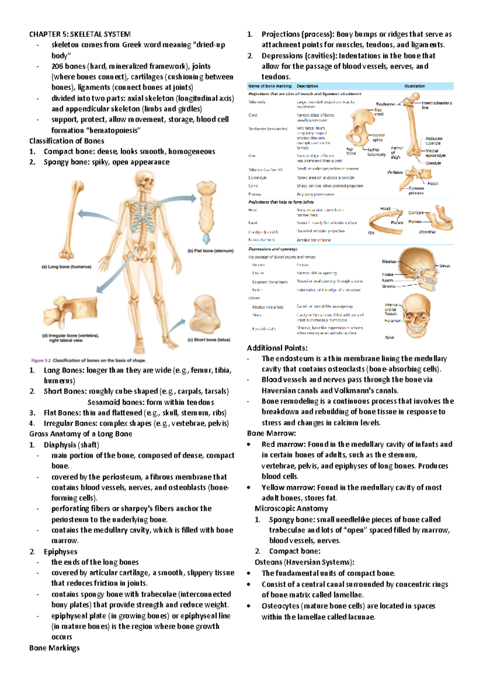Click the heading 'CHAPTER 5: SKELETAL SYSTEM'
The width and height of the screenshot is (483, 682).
click(80, 34)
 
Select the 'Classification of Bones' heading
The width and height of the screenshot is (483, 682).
click(67, 141)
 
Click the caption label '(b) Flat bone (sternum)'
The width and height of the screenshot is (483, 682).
click(211, 251)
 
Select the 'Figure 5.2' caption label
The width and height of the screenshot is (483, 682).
click(41, 360)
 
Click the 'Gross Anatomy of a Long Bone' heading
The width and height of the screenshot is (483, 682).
click(80, 434)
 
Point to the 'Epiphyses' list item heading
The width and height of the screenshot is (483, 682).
click(60, 552)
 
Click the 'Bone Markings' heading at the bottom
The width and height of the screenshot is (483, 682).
click(54, 648)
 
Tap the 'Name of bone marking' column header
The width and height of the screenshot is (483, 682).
click(270, 86)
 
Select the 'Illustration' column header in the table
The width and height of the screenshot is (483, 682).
click(414, 86)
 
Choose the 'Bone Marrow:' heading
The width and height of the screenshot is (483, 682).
click(271, 433)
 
